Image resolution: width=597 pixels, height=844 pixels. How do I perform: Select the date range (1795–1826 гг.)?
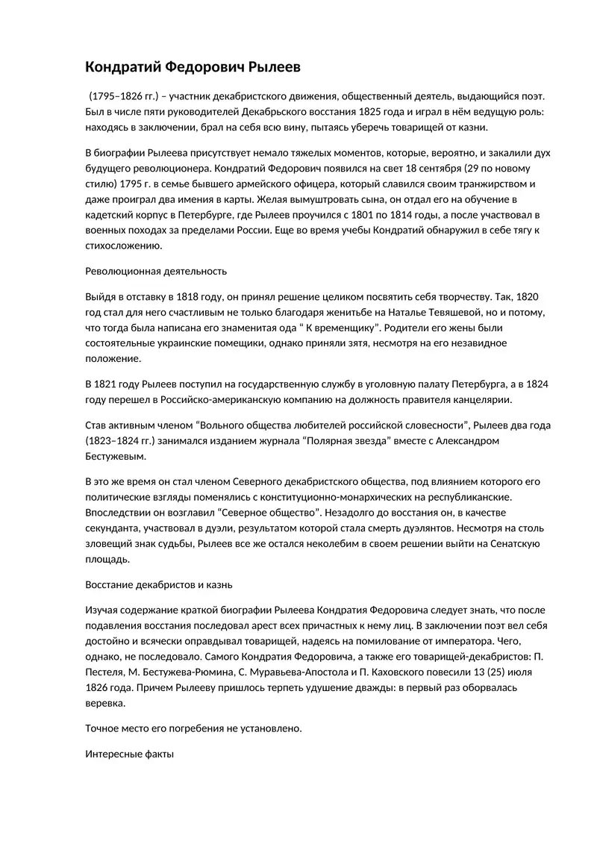[123, 97]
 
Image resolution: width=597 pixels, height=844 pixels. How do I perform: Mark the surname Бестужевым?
[116, 456]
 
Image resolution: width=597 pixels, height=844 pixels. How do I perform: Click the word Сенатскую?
[516, 543]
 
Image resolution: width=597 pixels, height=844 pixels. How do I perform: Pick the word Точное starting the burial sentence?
[104, 728]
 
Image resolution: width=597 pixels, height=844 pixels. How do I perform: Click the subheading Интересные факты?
[130, 754]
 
